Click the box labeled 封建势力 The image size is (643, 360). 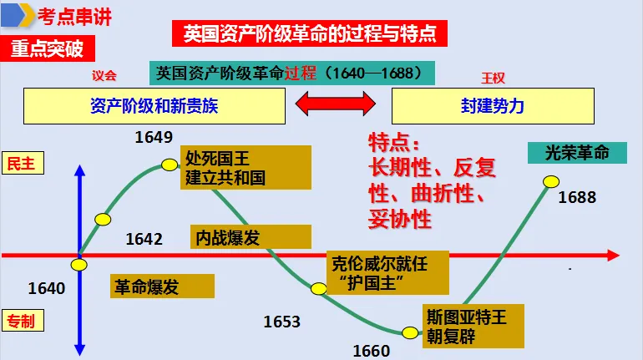click(x=493, y=105)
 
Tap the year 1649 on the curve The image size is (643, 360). click(x=154, y=137)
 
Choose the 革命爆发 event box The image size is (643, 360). click(x=162, y=286)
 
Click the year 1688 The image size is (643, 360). click(x=577, y=198)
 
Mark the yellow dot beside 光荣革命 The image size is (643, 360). click(x=550, y=181)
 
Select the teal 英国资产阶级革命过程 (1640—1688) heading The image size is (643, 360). click(x=292, y=73)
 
